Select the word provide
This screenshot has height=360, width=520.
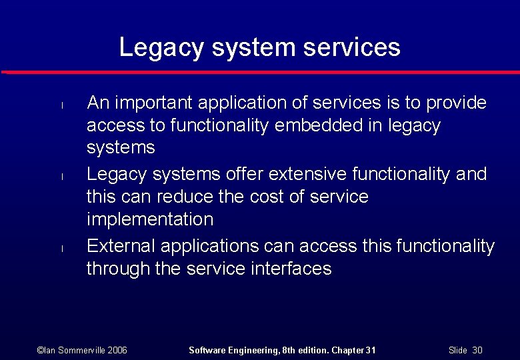[x=457, y=103]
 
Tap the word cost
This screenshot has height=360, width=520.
[x=270, y=197]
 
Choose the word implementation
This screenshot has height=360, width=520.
[x=150, y=219]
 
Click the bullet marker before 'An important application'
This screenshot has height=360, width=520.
[x=60, y=105]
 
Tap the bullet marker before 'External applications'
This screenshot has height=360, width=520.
[x=60, y=248]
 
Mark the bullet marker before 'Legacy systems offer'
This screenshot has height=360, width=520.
[x=60, y=176]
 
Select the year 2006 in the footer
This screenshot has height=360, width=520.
[x=117, y=350]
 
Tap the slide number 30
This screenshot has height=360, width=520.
[x=477, y=350]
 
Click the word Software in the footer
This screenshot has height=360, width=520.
[x=208, y=350]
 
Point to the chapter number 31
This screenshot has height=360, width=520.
[x=371, y=350]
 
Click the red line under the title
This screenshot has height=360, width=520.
[x=260, y=71]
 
